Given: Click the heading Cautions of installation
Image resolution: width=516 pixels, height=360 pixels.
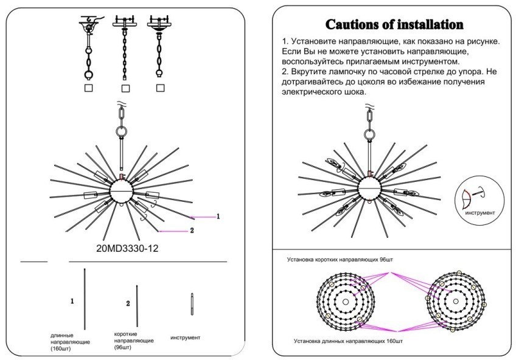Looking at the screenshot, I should coord(395,25).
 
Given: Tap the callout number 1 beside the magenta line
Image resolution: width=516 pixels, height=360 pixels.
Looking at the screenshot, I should coord(218,216).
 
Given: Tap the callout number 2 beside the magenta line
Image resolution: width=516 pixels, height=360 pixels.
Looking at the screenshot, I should coord(191,230).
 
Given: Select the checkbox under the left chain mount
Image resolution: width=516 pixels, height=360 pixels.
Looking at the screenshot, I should coord(88,88).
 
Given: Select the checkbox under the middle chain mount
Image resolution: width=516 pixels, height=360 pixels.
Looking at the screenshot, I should coord(124,88).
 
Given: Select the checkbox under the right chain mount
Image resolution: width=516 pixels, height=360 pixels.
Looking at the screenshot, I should coord(161,88).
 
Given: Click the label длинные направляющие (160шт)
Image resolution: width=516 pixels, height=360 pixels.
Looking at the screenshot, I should coord(71,342).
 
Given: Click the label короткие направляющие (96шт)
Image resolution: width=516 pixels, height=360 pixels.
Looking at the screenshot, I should coord(134,341).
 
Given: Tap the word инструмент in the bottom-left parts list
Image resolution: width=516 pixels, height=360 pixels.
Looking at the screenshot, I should coord(185,337).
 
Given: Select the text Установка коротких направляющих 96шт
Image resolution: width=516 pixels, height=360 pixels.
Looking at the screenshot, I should coord(340,259).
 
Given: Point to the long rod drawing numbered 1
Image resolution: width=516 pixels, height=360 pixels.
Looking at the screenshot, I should coord(84,299).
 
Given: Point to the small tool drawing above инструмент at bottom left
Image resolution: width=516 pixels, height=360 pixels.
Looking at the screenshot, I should coord(192,303).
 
